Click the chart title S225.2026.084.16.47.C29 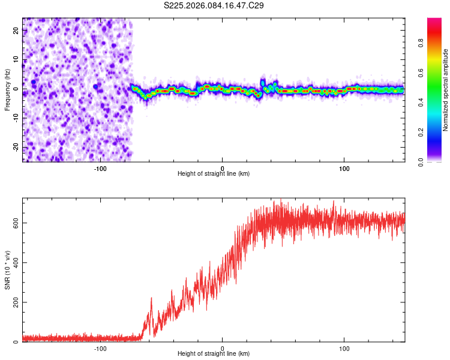(x=214, y=5)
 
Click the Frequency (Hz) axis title (x=7, y=88)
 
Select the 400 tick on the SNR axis (x=14, y=262)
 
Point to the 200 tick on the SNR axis (x=14, y=302)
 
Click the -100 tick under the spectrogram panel (x=100, y=168)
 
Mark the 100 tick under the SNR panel (x=344, y=349)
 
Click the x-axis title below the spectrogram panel (x=214, y=174)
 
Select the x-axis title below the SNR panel (x=214, y=355)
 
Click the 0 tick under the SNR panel (x=223, y=349)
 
